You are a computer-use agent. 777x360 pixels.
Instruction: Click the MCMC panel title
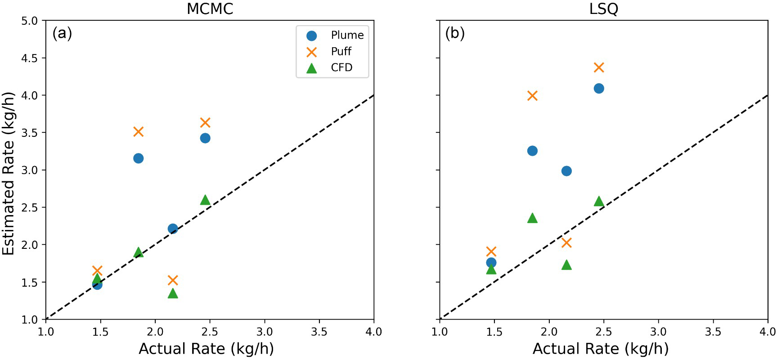(210, 9)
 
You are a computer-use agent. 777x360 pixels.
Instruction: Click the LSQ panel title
(603, 9)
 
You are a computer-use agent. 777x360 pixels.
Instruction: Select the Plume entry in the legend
(347, 35)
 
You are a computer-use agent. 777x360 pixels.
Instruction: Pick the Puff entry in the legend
(341, 51)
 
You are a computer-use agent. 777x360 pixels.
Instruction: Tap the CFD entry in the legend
(341, 67)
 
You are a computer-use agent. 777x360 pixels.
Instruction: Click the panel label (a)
(62, 33)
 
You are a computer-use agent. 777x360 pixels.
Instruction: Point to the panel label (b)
(455, 33)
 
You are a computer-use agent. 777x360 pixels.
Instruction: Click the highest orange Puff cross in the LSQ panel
(598, 67)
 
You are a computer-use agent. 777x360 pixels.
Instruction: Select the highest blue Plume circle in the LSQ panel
(598, 88)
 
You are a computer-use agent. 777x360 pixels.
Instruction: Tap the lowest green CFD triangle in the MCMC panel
(173, 293)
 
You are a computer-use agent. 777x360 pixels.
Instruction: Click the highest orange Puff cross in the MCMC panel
(205, 122)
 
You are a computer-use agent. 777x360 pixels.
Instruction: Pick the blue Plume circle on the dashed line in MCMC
(173, 229)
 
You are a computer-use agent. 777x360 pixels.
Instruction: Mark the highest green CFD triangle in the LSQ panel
(598, 201)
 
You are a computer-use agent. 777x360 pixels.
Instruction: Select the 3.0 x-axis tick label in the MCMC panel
(265, 332)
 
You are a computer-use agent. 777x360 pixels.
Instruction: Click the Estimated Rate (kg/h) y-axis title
(9, 173)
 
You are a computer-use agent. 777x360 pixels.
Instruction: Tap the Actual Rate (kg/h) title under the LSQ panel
(600, 349)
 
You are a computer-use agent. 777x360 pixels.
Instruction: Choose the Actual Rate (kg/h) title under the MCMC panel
(206, 349)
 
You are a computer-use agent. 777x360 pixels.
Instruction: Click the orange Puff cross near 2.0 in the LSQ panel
(566, 243)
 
